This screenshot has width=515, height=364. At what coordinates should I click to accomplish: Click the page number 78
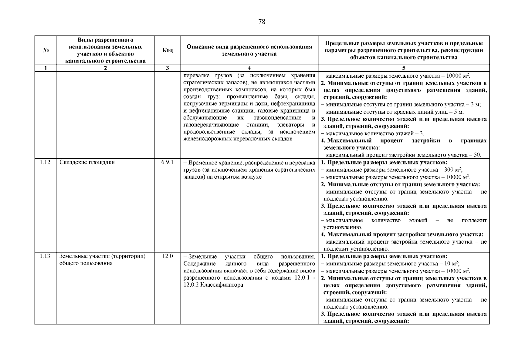[262, 22]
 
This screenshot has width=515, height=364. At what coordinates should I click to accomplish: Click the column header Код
[167, 50]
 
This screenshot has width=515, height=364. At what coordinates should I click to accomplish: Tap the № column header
[46, 50]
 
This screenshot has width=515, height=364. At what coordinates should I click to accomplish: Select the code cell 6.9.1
[167, 162]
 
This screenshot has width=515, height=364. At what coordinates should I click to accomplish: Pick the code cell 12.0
[167, 256]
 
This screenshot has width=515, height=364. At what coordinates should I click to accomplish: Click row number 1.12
[45, 162]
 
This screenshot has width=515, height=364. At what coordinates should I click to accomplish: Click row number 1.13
[45, 256]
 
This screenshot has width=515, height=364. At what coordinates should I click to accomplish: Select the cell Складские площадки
[87, 162]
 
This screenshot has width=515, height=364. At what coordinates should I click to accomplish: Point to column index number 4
[249, 68]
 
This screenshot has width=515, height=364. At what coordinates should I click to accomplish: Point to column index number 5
[404, 68]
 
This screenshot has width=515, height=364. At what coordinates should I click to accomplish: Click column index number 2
[105, 68]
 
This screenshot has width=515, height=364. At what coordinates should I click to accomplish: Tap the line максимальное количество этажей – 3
[373, 133]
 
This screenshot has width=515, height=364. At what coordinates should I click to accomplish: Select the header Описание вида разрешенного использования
[249, 47]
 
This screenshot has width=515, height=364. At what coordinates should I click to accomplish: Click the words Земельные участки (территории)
[103, 256]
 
